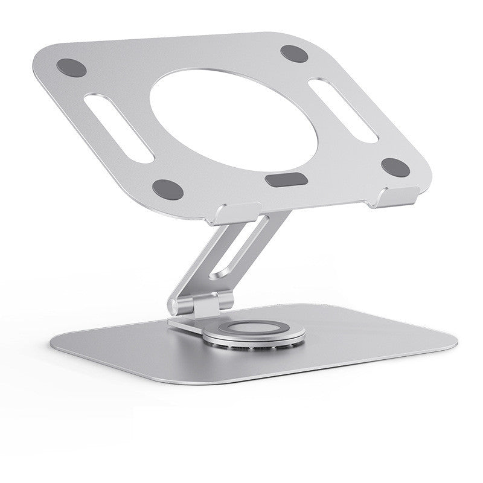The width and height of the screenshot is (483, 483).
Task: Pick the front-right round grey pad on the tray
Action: coord(397,168)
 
